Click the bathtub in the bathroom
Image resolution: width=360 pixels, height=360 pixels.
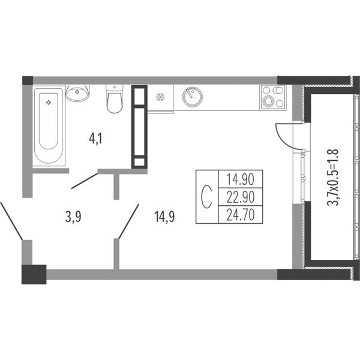tap(49, 125)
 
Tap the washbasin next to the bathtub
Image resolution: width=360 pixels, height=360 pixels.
tap(77, 93)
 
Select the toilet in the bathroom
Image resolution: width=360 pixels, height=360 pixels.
tap(115, 99)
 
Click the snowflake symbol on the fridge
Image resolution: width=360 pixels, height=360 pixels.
tap(160, 97)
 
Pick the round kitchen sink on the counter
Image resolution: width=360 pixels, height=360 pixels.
tap(193, 97)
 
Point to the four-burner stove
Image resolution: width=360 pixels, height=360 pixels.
tap(272, 97)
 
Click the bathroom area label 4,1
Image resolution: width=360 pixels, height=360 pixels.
tap(95, 139)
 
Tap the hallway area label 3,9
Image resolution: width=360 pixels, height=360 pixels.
tap(73, 217)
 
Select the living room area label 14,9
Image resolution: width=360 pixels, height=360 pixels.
tap(164, 217)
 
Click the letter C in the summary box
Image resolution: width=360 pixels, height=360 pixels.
tap(206, 197)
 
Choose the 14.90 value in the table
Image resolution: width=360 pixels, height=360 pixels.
tap(241, 179)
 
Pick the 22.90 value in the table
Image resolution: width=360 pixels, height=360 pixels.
tap(241, 197)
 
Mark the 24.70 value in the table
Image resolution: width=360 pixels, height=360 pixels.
tap(241, 215)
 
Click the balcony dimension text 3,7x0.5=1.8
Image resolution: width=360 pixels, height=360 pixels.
tap(332, 177)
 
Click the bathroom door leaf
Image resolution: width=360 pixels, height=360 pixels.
tap(85, 181)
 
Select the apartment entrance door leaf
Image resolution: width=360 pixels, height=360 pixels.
tap(11, 221)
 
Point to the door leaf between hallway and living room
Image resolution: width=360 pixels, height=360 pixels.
tap(129, 221)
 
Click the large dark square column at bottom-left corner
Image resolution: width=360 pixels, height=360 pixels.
tap(34, 274)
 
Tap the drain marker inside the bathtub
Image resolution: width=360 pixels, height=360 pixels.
tap(48, 103)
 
